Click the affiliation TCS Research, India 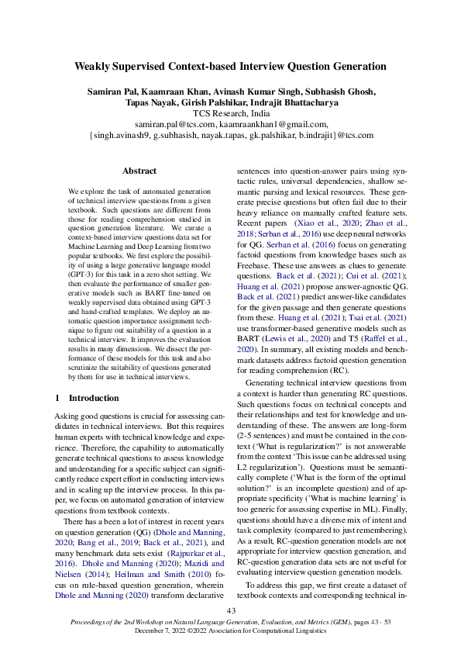pyautogui.click(x=230, y=112)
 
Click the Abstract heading pyautogui.click(x=139, y=171)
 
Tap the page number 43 pyautogui.click(x=230, y=612)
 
